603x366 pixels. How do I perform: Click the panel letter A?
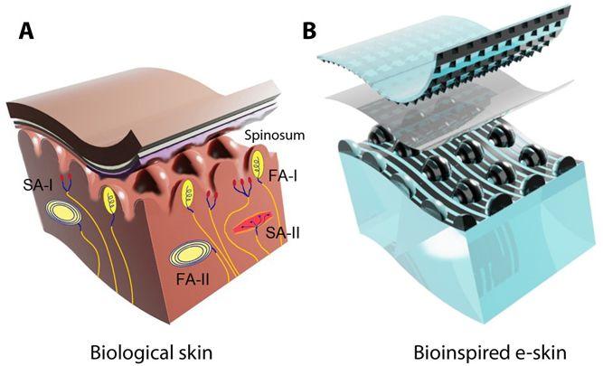coord(28,34)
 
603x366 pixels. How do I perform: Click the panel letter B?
coord(309,33)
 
